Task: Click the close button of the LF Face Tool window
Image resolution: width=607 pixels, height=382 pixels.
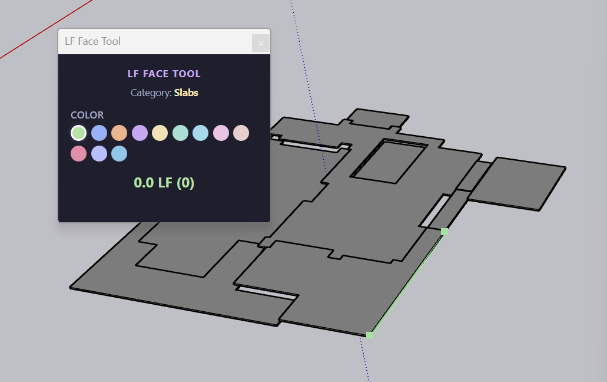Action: (x=261, y=43)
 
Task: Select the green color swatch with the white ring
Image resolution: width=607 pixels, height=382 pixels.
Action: (x=79, y=133)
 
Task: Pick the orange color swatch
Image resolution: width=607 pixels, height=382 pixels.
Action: (x=120, y=133)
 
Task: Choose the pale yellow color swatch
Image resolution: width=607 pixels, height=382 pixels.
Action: (x=160, y=133)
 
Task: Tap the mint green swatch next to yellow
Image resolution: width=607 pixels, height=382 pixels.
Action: (x=180, y=133)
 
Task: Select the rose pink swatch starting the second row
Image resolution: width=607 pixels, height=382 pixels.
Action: (x=79, y=154)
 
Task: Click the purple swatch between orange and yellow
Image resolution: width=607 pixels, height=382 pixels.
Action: (x=140, y=133)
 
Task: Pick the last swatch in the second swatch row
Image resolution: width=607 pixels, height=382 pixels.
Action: (x=120, y=154)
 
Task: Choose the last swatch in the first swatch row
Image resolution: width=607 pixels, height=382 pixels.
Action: (x=241, y=133)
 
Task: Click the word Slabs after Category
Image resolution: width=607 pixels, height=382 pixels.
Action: (x=186, y=93)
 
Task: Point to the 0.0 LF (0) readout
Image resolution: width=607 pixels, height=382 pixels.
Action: (x=164, y=183)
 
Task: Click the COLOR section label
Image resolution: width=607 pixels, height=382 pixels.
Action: (x=87, y=115)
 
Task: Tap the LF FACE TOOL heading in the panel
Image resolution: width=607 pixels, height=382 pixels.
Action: (x=164, y=74)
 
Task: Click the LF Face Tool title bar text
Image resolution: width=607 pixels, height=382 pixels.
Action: (x=93, y=41)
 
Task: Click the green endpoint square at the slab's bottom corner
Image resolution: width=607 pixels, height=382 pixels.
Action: (x=370, y=335)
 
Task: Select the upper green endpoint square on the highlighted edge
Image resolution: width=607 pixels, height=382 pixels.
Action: (x=445, y=232)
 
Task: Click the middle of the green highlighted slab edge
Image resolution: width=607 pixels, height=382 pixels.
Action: (x=407, y=284)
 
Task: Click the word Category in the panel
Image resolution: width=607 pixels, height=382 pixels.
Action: (x=150, y=93)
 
